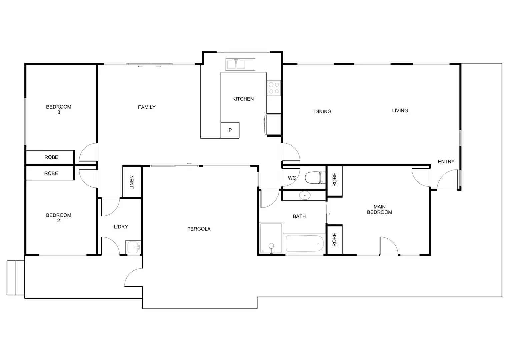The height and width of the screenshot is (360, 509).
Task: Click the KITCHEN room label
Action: tap(243, 99)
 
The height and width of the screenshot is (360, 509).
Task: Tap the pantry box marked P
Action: tap(230, 130)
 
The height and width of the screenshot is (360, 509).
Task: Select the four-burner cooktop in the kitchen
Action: tap(274, 88)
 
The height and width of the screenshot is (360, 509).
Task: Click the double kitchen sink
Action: tap(240, 64)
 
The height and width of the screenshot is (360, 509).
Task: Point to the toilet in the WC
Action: tap(315, 178)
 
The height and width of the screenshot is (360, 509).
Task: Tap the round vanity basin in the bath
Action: tap(305, 195)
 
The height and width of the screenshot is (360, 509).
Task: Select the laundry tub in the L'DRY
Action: tap(133, 247)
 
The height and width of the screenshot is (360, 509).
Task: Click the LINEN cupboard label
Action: tap(132, 182)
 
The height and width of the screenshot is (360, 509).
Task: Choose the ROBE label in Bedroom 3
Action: tap(51, 157)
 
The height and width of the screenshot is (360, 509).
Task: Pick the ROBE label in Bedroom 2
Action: tap(51, 173)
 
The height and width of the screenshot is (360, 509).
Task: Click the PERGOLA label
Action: tap(199, 229)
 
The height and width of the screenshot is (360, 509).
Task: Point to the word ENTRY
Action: tap(446, 162)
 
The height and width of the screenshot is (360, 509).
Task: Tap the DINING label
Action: tap(323, 112)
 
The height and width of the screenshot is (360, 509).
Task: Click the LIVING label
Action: tap(400, 111)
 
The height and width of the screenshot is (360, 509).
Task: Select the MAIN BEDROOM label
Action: tap(379, 209)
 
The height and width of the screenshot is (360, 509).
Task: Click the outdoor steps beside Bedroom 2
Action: tap(15, 278)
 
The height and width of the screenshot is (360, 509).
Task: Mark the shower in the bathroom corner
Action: tap(271, 238)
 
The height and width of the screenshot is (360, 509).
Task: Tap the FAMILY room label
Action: tap(147, 107)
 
